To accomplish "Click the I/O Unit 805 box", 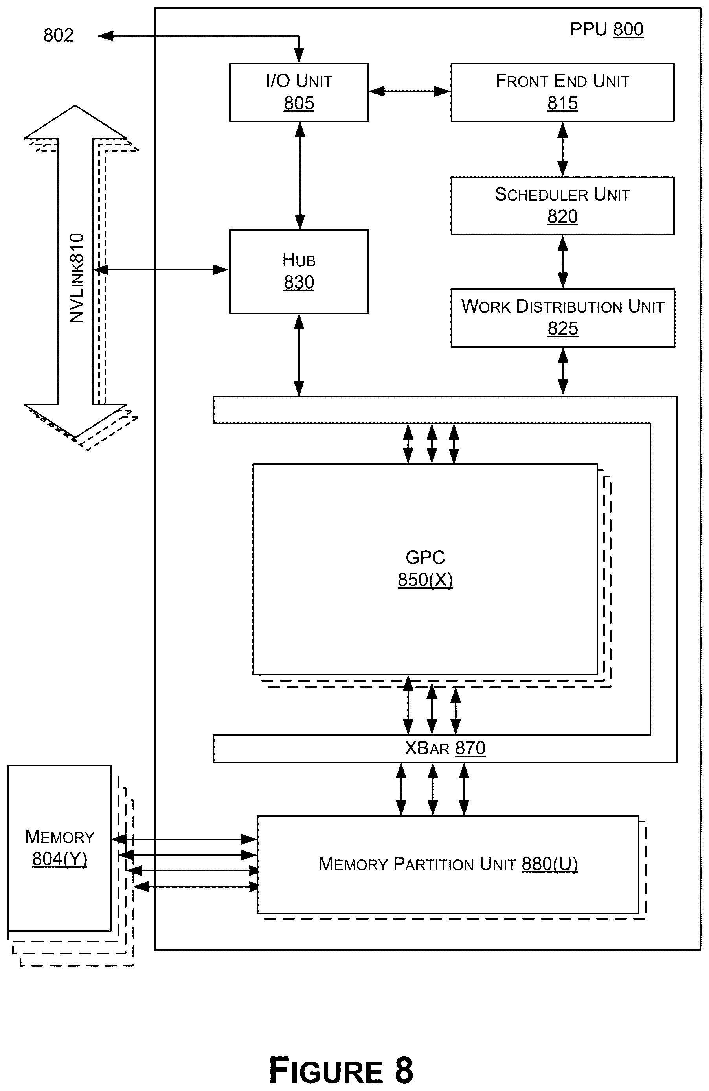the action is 299,92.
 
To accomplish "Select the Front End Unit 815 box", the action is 562,92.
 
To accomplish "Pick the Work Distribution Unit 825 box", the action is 563,318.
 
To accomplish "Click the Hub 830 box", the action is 299,271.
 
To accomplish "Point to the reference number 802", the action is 59,35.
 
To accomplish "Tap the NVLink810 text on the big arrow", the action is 77,278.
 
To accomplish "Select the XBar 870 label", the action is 445,748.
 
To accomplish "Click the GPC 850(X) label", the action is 425,568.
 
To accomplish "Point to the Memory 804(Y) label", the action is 60,848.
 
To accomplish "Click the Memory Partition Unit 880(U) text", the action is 448,864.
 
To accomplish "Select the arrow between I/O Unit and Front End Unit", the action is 410,92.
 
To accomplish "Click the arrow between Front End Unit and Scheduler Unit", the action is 562,149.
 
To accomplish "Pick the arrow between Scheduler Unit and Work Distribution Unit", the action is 562,262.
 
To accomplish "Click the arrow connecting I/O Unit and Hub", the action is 300,176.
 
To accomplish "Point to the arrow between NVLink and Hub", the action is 161,270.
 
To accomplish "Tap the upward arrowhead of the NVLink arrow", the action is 75,122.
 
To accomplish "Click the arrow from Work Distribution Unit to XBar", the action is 563,371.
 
